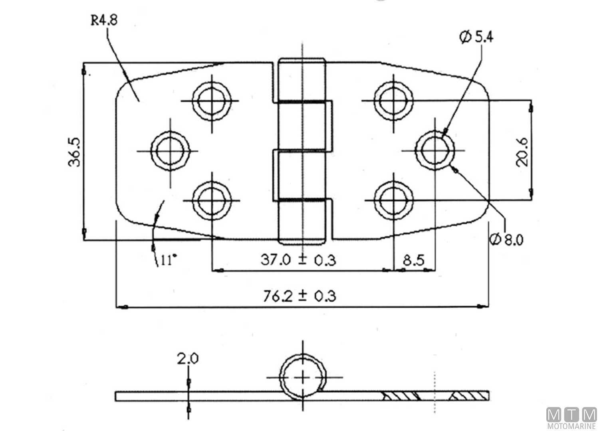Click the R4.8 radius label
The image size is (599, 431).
pos(104,20)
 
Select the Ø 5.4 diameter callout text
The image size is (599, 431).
pos(476,37)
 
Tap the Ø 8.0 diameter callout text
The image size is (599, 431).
pos(506,240)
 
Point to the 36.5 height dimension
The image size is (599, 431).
pos(74,152)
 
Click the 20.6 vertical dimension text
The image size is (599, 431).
pos(522,152)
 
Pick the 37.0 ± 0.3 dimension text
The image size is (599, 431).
pos(298,260)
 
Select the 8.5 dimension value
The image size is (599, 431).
pos(414,260)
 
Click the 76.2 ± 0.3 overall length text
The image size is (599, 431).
pos(299,296)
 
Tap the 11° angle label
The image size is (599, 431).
pos(169,260)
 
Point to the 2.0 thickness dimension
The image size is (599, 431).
pos(188,359)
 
